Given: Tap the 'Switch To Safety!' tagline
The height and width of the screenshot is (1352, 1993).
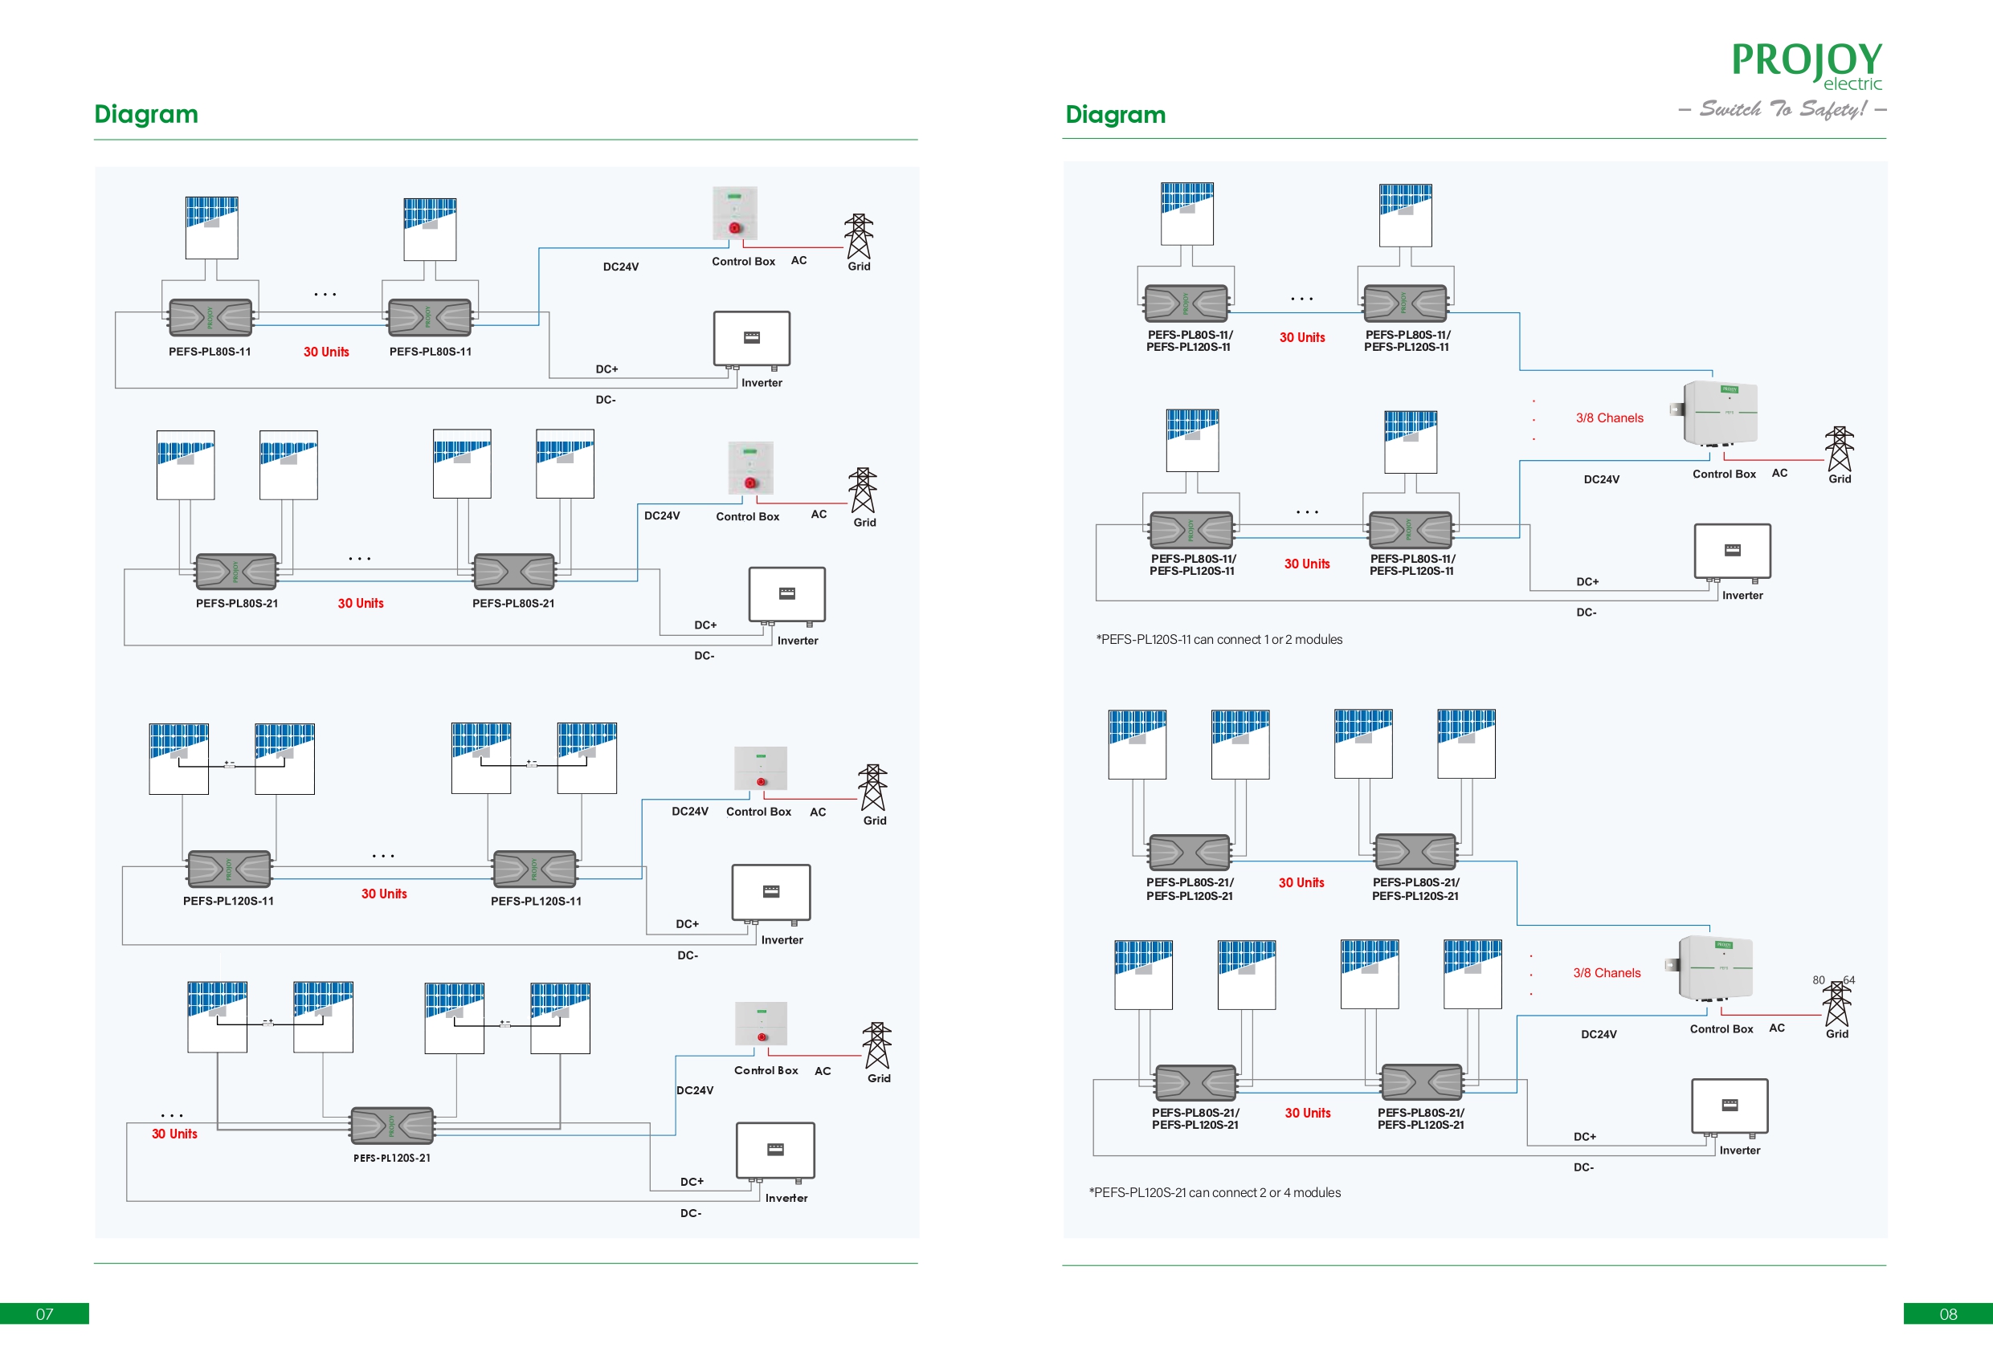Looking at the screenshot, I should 1783,109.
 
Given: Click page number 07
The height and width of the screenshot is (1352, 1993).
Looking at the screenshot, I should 45,1313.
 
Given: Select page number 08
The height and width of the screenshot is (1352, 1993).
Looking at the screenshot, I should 1947,1313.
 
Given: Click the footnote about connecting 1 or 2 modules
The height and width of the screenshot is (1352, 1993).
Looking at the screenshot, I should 1219,640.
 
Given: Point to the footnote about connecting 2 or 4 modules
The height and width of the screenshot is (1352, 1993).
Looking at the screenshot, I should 1215,1192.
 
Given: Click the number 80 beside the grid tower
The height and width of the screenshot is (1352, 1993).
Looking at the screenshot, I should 1818,980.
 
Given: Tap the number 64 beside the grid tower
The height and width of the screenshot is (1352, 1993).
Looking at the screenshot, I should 1849,980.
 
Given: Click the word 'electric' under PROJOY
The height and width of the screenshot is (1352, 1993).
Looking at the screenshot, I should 1852,84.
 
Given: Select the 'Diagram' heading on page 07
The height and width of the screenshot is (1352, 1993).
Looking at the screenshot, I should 145,114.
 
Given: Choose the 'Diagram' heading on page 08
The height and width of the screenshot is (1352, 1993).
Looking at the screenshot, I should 1115,115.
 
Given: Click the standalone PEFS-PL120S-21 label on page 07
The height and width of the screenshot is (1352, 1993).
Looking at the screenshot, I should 392,1159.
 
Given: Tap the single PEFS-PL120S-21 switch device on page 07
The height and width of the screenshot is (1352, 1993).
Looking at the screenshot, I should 392,1126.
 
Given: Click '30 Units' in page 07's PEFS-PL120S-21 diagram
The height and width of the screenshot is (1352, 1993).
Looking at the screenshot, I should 174,1134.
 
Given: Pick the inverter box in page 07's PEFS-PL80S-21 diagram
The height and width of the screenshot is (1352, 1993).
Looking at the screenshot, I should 786,594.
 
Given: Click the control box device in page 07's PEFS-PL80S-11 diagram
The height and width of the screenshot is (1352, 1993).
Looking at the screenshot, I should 735,213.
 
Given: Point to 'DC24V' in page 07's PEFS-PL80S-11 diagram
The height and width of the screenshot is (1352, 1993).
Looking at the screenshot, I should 620,267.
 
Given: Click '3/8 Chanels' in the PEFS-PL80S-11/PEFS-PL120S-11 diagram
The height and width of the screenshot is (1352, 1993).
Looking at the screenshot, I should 1609,418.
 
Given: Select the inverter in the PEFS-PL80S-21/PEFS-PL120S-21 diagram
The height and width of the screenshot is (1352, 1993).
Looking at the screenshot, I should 1729,1106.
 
